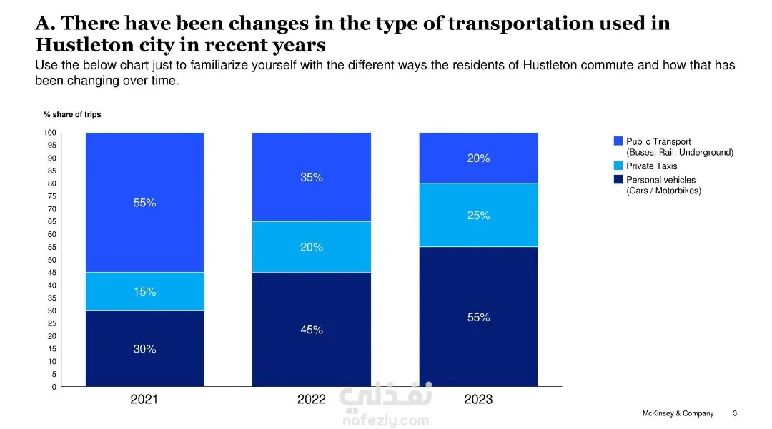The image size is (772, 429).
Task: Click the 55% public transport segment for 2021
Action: [144, 203]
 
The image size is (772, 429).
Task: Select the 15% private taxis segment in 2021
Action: [144, 291]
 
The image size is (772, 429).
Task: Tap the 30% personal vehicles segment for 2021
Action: [144, 348]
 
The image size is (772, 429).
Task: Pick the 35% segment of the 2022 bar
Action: [312, 177]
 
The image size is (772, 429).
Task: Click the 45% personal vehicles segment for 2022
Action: [312, 329]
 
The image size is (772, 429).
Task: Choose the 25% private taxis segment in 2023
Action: [478, 215]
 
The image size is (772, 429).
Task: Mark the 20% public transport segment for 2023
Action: [478, 158]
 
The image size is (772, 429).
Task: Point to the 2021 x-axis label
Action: [144, 400]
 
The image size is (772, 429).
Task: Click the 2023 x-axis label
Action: [478, 400]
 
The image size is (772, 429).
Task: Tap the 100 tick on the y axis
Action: [49, 133]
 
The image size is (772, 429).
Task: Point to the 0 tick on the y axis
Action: [53, 387]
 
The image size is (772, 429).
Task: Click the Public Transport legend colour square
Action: [618, 141]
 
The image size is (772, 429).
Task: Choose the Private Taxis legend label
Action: [651, 166]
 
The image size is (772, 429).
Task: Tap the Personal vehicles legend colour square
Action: [618, 180]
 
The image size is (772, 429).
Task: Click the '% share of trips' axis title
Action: [72, 115]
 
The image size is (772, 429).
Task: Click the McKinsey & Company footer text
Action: [678, 413]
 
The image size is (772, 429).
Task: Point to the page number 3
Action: [735, 413]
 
